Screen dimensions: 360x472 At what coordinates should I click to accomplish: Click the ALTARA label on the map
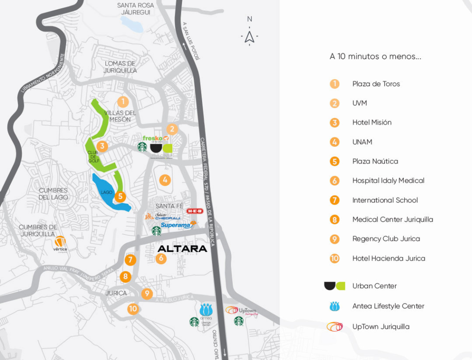pyautogui.click(x=182, y=249)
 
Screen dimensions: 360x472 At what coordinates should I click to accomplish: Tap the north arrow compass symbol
pyautogui.click(x=249, y=36)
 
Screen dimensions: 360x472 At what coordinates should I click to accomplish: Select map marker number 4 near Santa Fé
pyautogui.click(x=165, y=180)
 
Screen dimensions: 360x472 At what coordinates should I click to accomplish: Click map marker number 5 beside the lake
pyautogui.click(x=120, y=197)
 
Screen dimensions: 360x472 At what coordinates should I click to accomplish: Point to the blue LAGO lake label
pyautogui.click(x=106, y=192)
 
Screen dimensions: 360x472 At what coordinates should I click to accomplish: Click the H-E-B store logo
pyautogui.click(x=194, y=211)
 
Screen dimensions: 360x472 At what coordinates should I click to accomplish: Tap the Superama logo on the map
pyautogui.click(x=176, y=225)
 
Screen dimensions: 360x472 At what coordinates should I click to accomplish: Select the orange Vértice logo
pyautogui.click(x=60, y=242)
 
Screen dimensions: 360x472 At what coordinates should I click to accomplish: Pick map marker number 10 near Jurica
pyautogui.click(x=133, y=309)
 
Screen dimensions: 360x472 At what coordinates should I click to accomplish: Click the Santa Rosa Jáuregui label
pyautogui.click(x=136, y=9)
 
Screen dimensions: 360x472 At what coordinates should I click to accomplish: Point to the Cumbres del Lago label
pyautogui.click(x=53, y=194)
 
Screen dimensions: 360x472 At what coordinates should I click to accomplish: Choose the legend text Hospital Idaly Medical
pyautogui.click(x=388, y=180)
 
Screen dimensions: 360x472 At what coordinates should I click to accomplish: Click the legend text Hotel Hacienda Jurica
pyautogui.click(x=389, y=258)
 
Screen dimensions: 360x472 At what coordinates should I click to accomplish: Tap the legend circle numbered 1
pyautogui.click(x=335, y=84)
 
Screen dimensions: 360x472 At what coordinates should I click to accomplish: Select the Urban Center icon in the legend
pyautogui.click(x=335, y=286)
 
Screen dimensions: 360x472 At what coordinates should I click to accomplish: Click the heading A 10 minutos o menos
pyautogui.click(x=375, y=57)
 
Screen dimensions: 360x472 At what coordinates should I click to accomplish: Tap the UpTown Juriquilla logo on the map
pyautogui.click(x=241, y=311)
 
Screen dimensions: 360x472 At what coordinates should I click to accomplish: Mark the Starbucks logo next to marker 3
pyautogui.click(x=143, y=147)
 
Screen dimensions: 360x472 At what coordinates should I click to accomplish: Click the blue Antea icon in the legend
pyautogui.click(x=335, y=306)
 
